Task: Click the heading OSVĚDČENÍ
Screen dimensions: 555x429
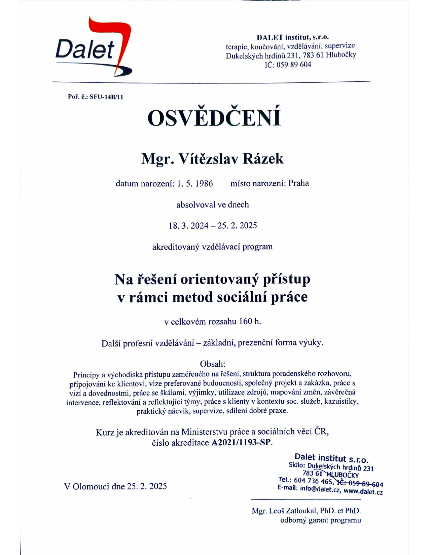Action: [x=214, y=117]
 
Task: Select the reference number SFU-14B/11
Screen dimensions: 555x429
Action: [x=106, y=97]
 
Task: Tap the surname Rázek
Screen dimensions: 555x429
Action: [x=263, y=159]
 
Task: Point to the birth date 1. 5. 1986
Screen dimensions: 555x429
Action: [x=195, y=184]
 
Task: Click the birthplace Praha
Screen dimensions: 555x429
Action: [x=298, y=183]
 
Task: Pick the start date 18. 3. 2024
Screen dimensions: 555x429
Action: [x=188, y=226]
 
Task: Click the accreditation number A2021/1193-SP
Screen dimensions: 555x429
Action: [x=241, y=442]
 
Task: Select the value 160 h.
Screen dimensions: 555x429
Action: [x=250, y=322]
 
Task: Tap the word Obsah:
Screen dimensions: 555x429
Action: [x=213, y=364]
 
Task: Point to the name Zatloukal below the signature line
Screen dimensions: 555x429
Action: [x=301, y=511]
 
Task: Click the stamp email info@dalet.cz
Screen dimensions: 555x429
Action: [x=320, y=489]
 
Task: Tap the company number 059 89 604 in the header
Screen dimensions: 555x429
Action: [x=294, y=65]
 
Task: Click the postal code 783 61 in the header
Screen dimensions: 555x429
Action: [x=313, y=55]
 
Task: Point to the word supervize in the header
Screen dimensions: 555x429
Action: [x=339, y=46]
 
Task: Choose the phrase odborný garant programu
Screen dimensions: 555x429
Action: [x=320, y=520]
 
